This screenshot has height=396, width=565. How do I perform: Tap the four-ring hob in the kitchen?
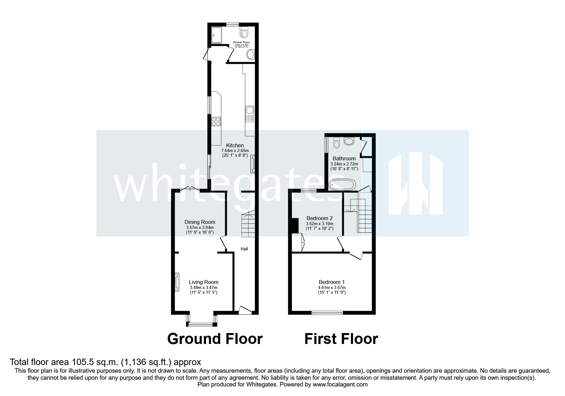(216, 122)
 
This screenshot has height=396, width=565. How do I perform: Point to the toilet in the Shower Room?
(245, 32)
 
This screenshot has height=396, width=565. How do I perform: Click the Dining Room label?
(200, 222)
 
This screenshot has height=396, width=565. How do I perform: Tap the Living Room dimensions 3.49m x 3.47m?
(204, 287)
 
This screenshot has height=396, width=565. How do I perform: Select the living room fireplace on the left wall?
(176, 282)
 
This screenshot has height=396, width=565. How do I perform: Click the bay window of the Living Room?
(202, 324)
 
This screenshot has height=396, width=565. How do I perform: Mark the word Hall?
(244, 249)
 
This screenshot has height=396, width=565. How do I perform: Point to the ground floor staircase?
(248, 225)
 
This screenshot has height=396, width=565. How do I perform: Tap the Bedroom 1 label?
(331, 282)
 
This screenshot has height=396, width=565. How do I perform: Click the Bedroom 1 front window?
(327, 313)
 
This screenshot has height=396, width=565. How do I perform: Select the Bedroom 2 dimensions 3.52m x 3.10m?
(319, 224)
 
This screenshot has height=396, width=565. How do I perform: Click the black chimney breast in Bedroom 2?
(294, 225)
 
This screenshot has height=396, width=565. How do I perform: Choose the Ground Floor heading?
(215, 339)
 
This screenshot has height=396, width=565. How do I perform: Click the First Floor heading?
(341, 339)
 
